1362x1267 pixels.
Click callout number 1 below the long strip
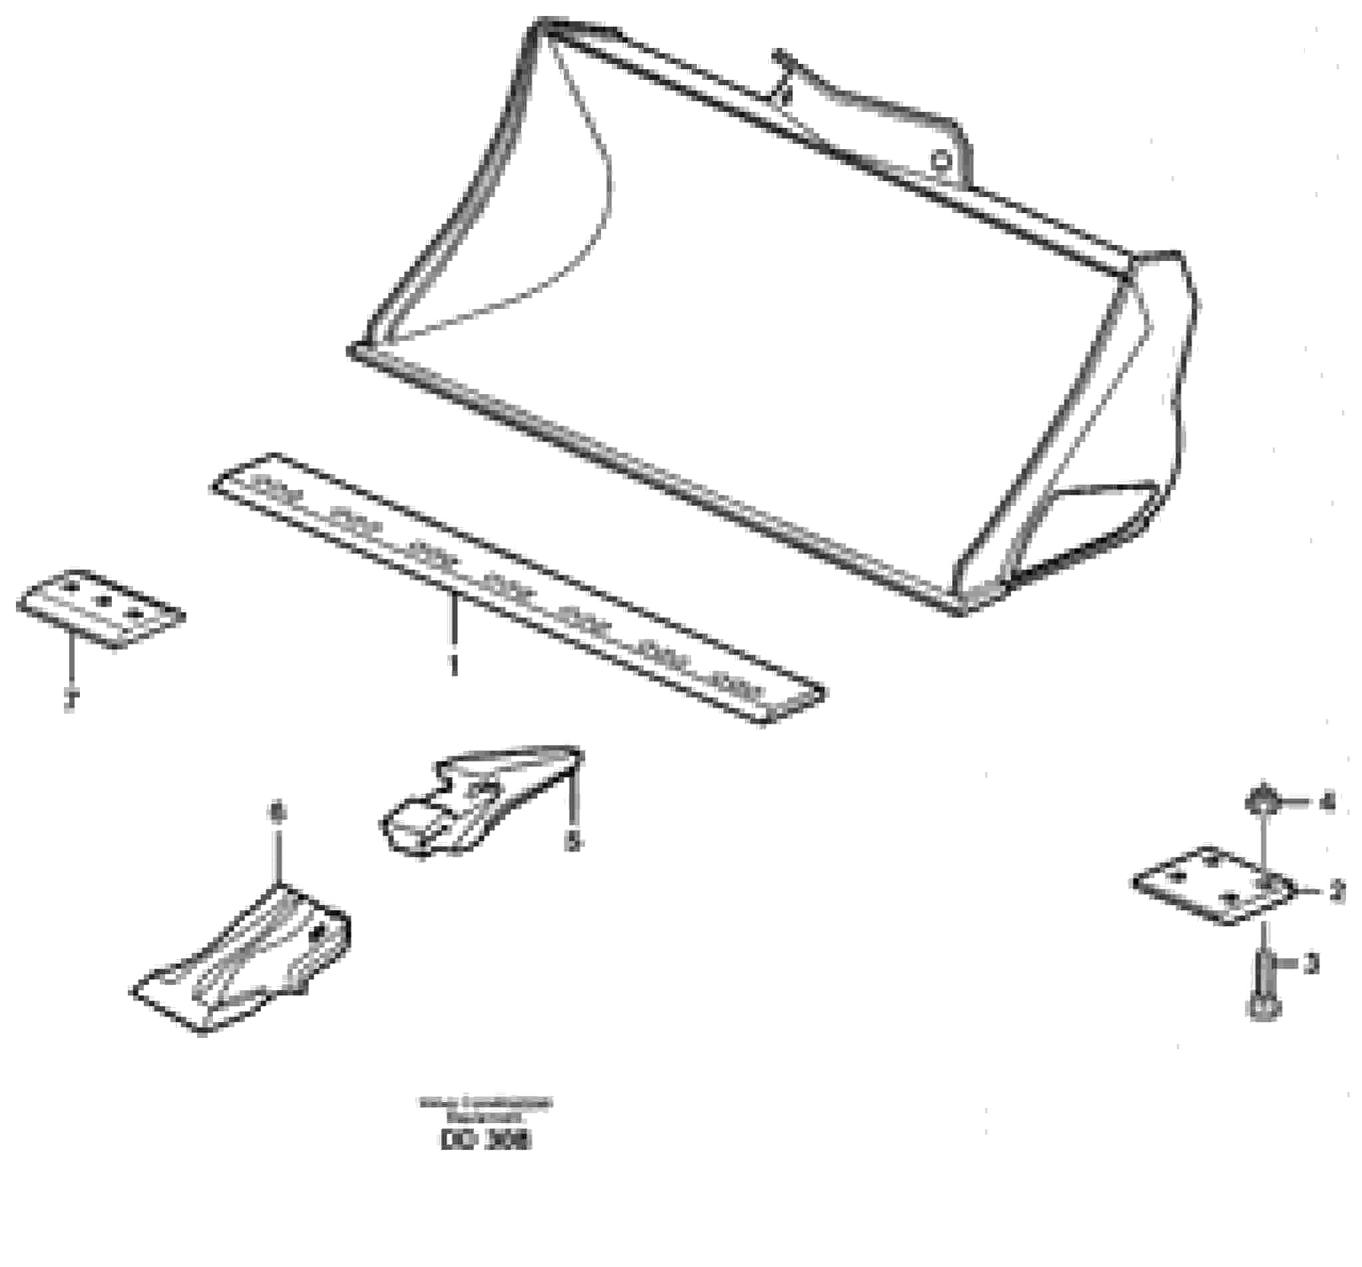point(452,663)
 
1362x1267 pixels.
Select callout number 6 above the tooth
point(277,813)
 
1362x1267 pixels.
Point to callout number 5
point(573,842)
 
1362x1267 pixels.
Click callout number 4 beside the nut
point(1327,802)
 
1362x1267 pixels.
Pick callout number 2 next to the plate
point(1336,891)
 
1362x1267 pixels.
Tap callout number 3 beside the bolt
point(1311,964)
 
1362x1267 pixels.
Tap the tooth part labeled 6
point(247,959)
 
